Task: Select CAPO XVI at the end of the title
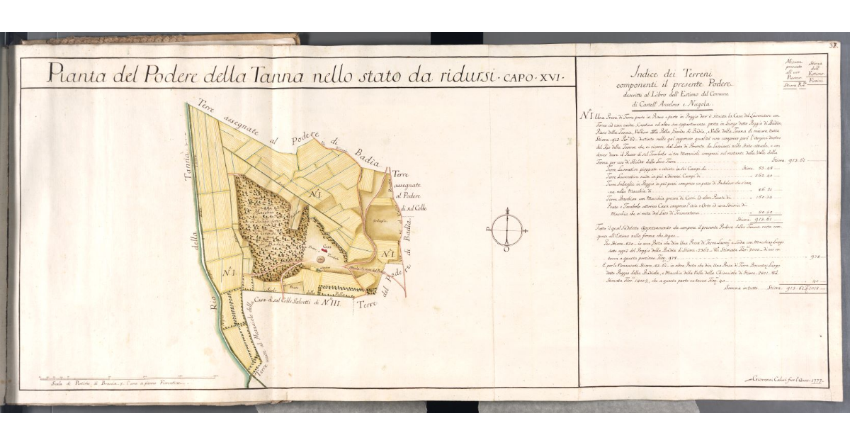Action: (533, 75)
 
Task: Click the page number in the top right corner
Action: (834, 47)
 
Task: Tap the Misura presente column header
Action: (791, 70)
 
